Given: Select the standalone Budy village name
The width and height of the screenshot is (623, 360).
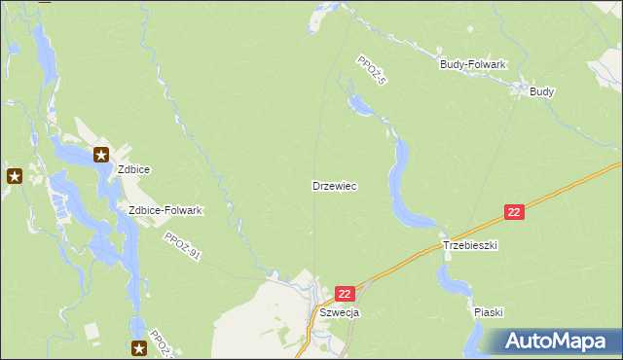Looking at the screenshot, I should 542,91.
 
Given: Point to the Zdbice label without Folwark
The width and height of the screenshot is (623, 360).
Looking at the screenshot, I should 133,168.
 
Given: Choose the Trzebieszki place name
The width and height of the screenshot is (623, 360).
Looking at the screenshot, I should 470,246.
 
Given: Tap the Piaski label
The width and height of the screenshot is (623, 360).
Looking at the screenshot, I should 488,312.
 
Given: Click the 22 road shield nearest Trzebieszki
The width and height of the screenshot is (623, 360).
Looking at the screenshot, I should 515,212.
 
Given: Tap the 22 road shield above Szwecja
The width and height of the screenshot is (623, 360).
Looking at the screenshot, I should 345,293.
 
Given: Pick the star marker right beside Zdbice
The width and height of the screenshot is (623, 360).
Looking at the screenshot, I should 101,154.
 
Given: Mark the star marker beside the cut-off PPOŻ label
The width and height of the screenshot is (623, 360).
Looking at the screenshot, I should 139,347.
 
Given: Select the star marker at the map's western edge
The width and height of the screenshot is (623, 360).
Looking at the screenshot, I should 15,176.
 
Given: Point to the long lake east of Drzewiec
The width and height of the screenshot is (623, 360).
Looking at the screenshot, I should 400,185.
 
